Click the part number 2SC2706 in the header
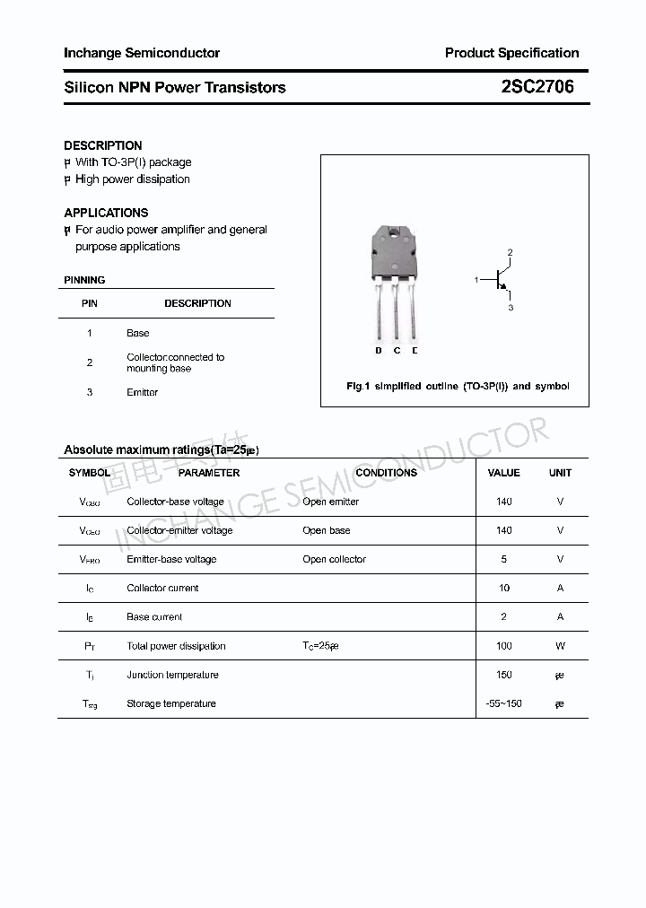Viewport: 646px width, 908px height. [x=537, y=87]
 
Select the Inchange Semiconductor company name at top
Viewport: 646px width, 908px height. [x=142, y=53]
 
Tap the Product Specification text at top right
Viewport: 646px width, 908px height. [x=511, y=53]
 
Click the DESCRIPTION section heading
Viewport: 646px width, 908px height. [x=103, y=145]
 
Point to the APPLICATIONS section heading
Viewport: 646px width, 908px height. [x=106, y=213]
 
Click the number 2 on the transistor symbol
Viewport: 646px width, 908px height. [x=510, y=253]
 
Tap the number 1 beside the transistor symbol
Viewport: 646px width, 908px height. [x=476, y=281]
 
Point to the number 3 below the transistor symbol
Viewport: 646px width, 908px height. [x=510, y=308]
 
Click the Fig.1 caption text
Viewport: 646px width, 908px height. [x=458, y=386]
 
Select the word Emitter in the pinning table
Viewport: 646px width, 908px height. [x=142, y=392]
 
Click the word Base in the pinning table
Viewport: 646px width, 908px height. [x=137, y=333]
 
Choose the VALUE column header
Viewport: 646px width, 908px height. [x=503, y=472]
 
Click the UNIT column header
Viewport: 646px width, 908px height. [x=560, y=472]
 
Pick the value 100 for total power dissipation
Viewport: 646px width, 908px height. [x=503, y=646]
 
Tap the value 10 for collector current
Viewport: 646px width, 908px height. [x=503, y=588]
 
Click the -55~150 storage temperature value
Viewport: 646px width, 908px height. [x=503, y=703]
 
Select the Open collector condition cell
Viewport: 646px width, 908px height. [x=334, y=559]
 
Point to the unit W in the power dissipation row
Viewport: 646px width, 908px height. [x=560, y=646]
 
